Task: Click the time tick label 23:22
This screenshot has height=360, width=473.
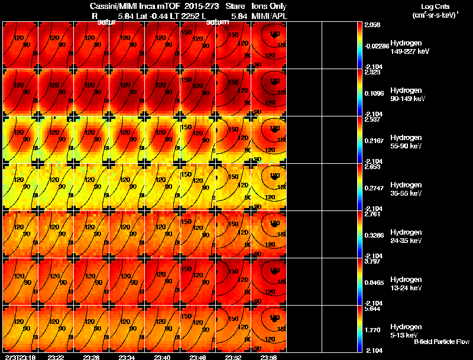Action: (56, 357)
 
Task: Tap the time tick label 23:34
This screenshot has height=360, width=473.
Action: (127, 357)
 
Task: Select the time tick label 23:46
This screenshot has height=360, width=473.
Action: (198, 357)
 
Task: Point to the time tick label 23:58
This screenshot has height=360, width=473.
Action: (269, 357)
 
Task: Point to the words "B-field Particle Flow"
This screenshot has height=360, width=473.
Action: (442, 342)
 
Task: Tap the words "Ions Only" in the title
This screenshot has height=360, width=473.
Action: (270, 6)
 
